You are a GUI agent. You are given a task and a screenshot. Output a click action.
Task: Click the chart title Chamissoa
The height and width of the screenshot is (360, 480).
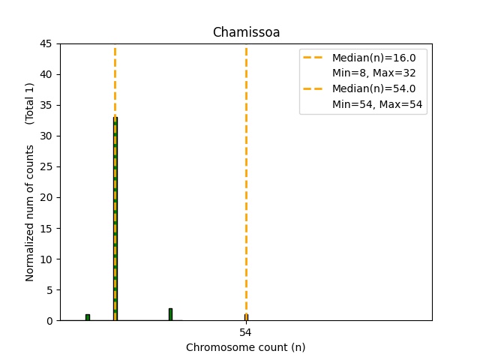[246, 32]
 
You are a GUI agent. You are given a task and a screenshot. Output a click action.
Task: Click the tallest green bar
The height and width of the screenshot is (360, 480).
[115, 217]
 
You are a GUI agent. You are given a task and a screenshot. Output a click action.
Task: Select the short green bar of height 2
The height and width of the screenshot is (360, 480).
[170, 314]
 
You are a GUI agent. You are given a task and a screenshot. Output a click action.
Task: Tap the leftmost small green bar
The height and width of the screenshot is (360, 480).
[88, 317]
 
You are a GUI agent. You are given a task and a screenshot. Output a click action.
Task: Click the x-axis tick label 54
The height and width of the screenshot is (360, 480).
[246, 331]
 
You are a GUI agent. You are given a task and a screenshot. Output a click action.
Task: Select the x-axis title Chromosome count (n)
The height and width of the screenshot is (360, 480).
[246, 347]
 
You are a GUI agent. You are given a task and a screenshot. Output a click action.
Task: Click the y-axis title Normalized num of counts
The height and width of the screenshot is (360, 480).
[30, 213]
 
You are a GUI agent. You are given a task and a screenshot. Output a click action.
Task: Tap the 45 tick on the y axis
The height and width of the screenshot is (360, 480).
[46, 43]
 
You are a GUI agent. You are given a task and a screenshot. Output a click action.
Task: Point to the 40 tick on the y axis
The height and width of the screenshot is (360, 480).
[46, 74]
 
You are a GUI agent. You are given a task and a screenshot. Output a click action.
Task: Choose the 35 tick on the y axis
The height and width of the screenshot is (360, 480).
[46, 105]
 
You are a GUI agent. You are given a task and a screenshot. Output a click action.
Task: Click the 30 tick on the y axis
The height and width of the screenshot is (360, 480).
[46, 136]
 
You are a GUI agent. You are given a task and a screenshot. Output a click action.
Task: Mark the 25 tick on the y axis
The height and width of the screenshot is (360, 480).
[46, 166]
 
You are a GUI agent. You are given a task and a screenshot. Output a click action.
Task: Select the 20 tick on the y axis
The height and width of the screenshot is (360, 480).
[46, 197]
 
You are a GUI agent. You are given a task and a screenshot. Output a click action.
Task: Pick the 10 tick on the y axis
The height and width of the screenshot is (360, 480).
[46, 259]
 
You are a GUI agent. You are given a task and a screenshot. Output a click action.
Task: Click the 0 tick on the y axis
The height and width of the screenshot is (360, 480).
[49, 320]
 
